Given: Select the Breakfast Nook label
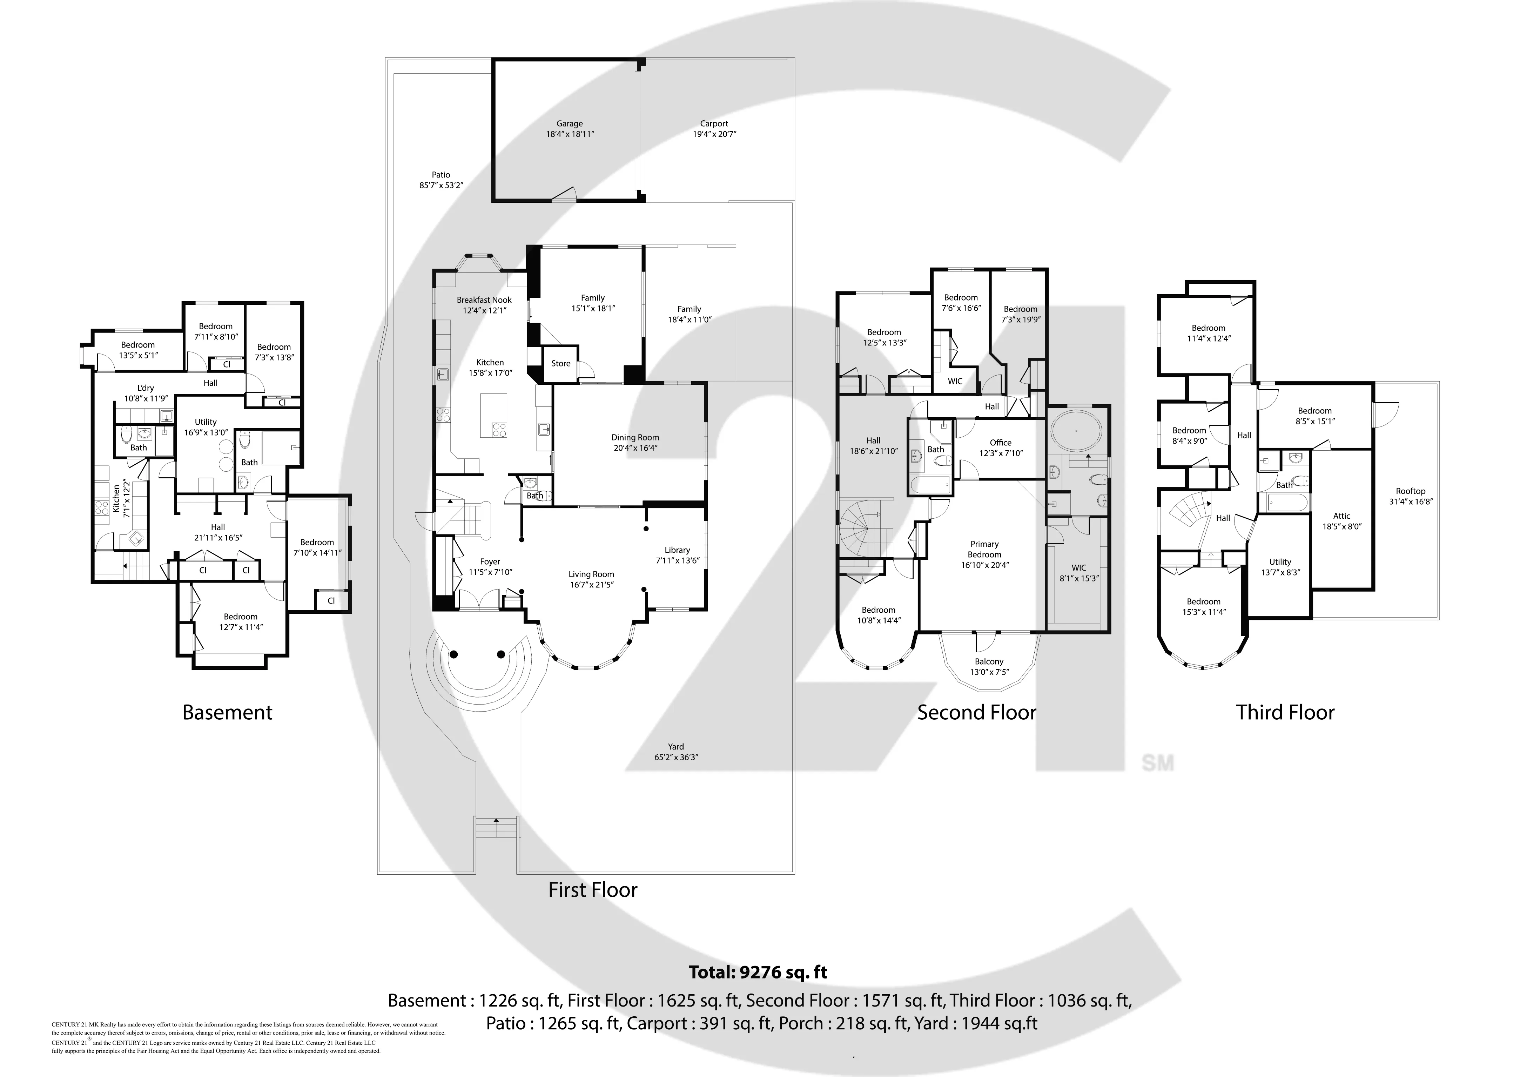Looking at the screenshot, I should (484, 300).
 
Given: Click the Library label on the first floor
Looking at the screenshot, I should (677, 550).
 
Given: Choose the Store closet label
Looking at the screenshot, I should (560, 363).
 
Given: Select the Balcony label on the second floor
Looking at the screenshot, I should (989, 661).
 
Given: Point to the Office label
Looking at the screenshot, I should (1000, 442).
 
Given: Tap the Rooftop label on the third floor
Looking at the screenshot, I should (1410, 491).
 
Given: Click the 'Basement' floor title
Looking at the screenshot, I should (228, 712).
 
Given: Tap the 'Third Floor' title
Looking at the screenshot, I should (1285, 712).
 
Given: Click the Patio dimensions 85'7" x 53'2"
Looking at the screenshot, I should (441, 186).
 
